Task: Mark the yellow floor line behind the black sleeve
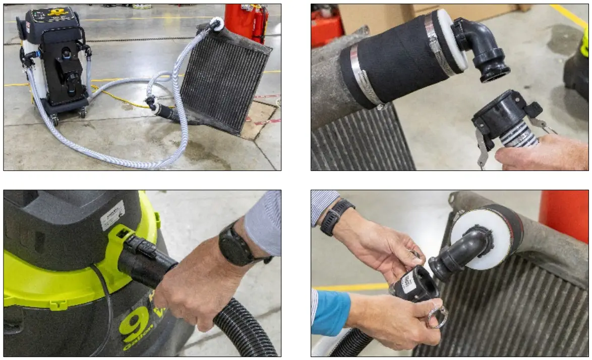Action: (x=570, y=15)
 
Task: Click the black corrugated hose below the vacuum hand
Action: (x=242, y=328)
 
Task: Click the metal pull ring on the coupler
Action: (x=437, y=318)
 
